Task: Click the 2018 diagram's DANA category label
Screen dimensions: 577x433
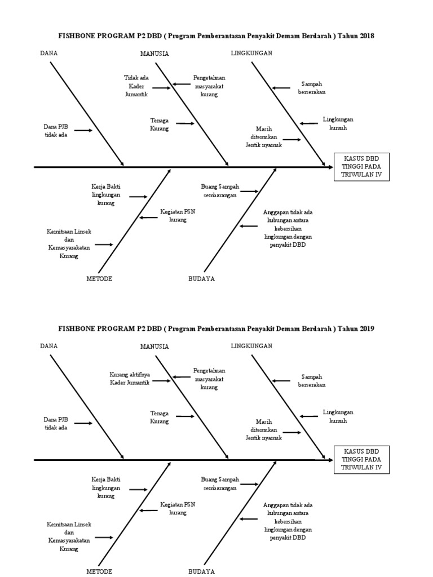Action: pyautogui.click(x=49, y=54)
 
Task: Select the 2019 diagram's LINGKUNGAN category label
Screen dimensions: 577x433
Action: pyautogui.click(x=251, y=346)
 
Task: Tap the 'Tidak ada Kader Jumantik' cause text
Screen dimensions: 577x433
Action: pyautogui.click(x=136, y=86)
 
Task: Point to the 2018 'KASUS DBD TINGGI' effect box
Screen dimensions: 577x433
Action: pyautogui.click(x=361, y=167)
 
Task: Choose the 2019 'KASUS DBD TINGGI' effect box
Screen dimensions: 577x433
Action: pyautogui.click(x=361, y=460)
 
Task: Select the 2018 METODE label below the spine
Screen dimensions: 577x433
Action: pyautogui.click(x=99, y=279)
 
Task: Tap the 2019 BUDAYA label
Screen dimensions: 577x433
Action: pyautogui.click(x=201, y=571)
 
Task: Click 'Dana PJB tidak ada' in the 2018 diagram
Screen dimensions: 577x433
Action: pyautogui.click(x=56, y=131)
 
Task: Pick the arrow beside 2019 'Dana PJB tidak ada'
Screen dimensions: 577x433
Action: pyautogui.click(x=83, y=423)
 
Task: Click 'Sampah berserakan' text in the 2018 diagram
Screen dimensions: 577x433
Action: pyautogui.click(x=312, y=87)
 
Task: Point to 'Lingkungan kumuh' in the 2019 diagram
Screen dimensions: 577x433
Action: pyautogui.click(x=338, y=416)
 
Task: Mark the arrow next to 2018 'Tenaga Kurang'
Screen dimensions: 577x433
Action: pyautogui.click(x=185, y=123)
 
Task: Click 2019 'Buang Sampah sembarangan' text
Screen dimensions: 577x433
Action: pyautogui.click(x=220, y=484)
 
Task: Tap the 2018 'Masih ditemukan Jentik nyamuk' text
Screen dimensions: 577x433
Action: pyautogui.click(x=263, y=137)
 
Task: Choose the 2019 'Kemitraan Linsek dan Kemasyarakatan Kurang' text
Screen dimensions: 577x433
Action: pyautogui.click(x=69, y=536)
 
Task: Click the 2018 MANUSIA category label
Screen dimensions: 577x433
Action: pyautogui.click(x=154, y=54)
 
